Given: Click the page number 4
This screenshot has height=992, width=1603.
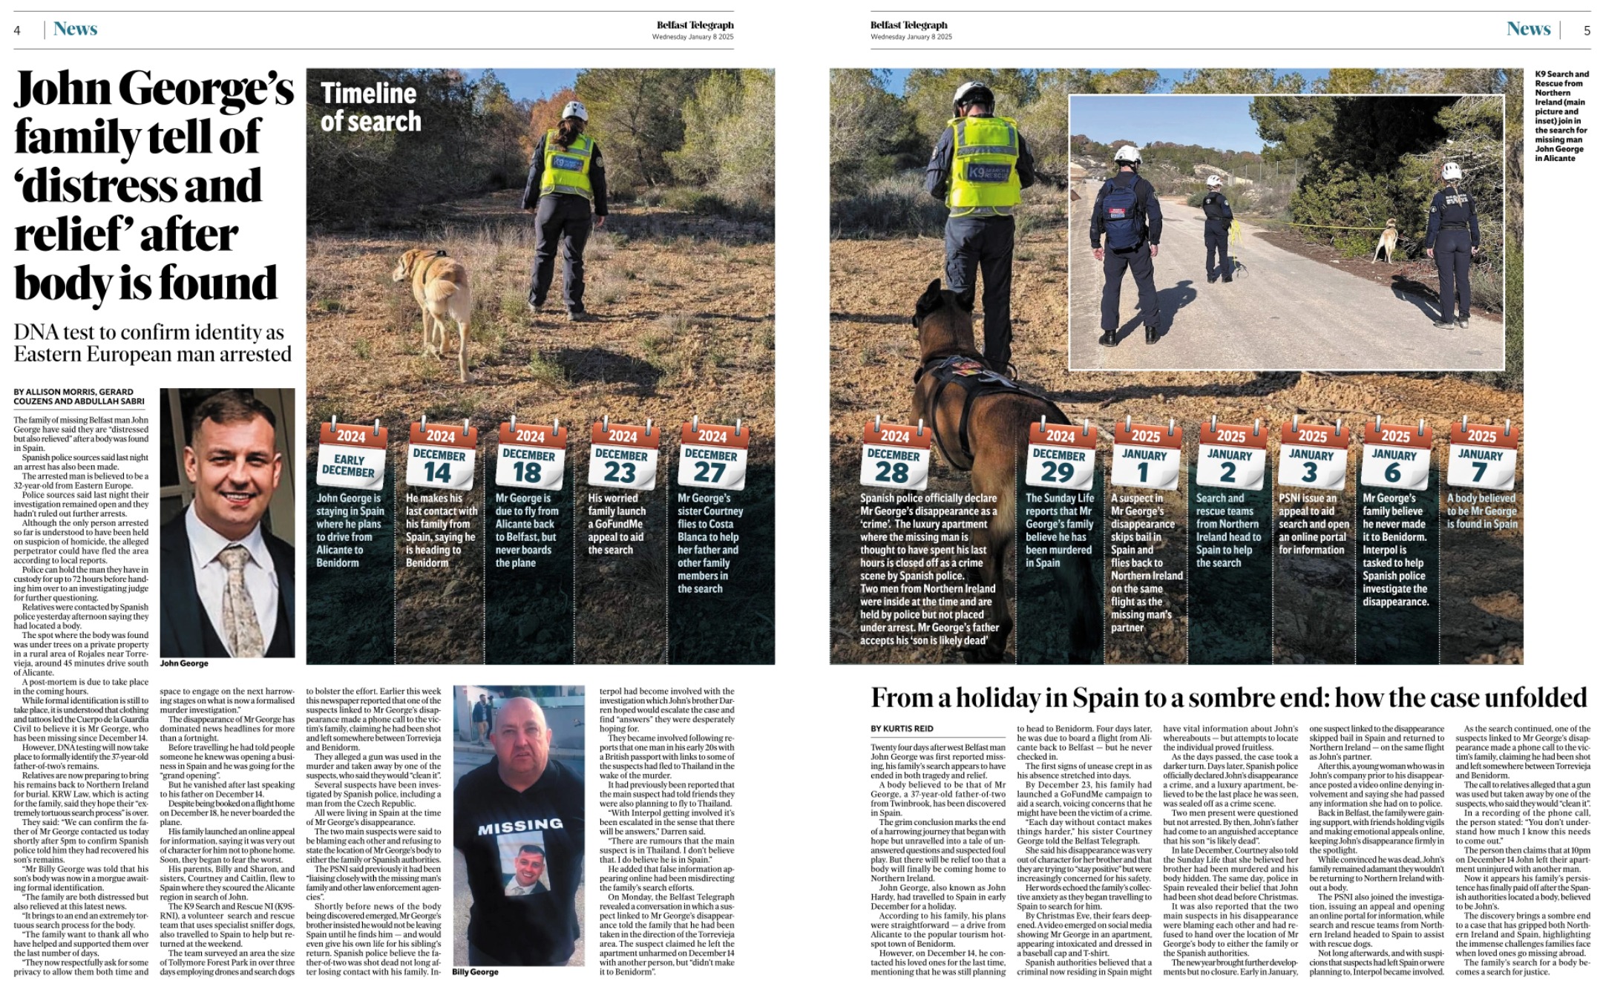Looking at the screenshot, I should [17, 30].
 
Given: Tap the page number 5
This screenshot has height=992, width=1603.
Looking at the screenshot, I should [1587, 30].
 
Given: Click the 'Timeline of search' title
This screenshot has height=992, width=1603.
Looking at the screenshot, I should [370, 107].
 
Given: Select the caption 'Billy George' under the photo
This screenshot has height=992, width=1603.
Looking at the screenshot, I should [475, 971].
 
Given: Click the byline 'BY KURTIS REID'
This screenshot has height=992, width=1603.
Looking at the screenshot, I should [902, 729].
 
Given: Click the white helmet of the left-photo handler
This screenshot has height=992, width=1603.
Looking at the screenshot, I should [574, 111].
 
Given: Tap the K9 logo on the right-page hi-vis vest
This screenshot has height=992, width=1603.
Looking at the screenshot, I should [980, 171].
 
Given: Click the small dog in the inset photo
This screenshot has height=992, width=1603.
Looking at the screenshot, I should [1383, 241].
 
